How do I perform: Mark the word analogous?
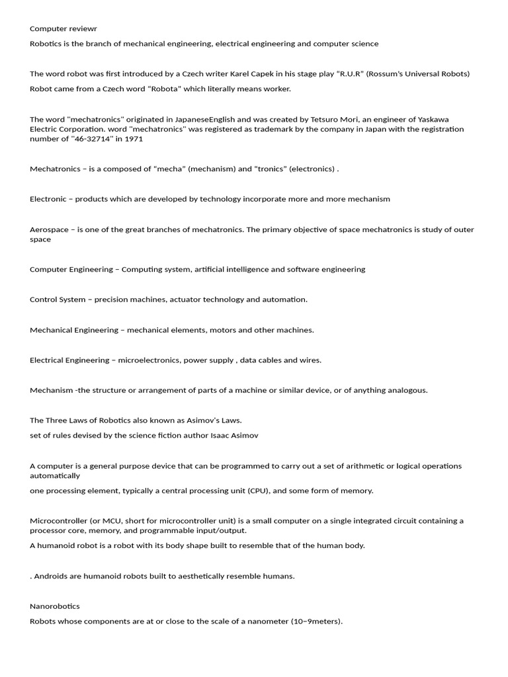(x=407, y=390)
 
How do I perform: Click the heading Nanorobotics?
(x=55, y=606)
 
